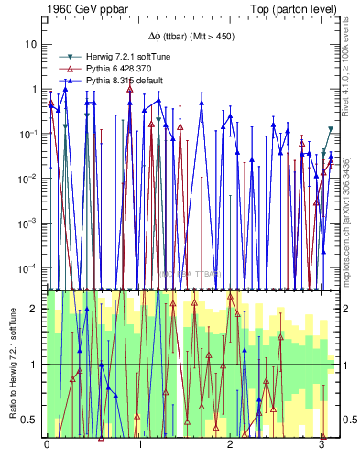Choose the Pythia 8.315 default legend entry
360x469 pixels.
pos(111,81)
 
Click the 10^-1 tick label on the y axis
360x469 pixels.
pos(28,133)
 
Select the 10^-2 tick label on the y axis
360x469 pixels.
pos(28,178)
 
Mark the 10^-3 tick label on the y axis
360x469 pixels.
pos(28,223)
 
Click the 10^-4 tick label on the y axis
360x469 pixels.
pos(28,267)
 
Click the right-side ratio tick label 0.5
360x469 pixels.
pos(348,420)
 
